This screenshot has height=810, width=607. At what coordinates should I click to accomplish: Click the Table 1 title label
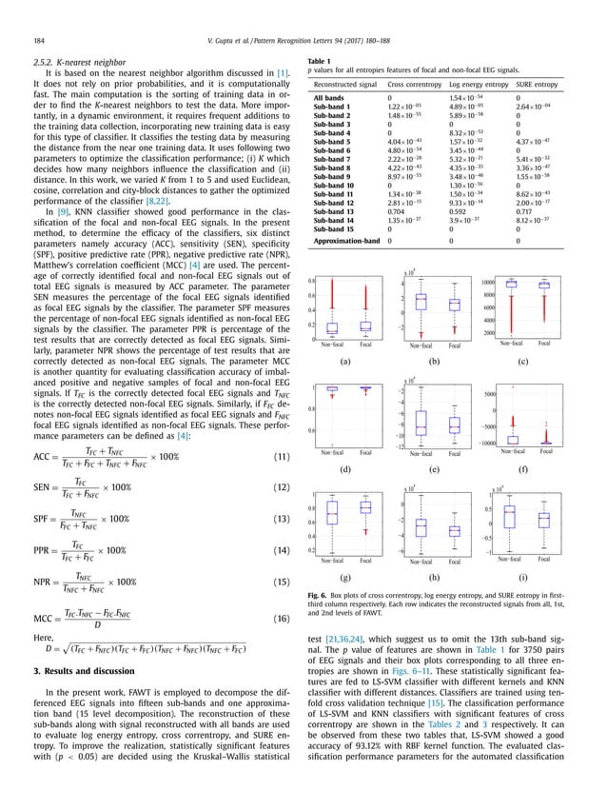click(x=320, y=60)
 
